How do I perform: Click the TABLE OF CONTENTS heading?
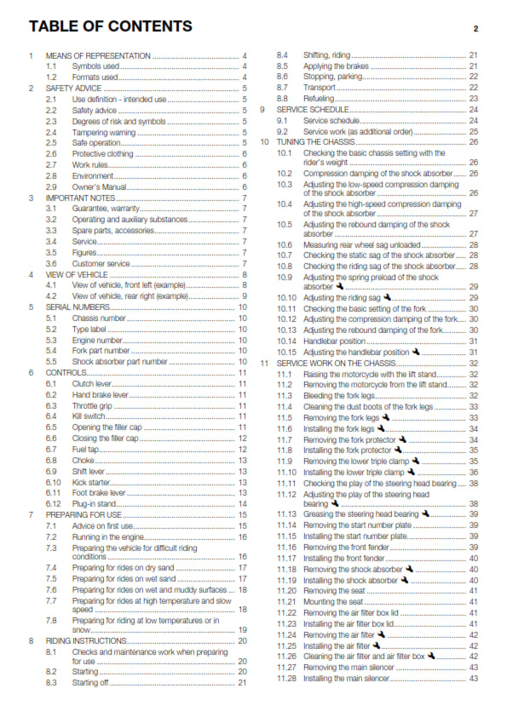click(110, 26)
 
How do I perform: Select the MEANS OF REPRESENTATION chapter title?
click(98, 55)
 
